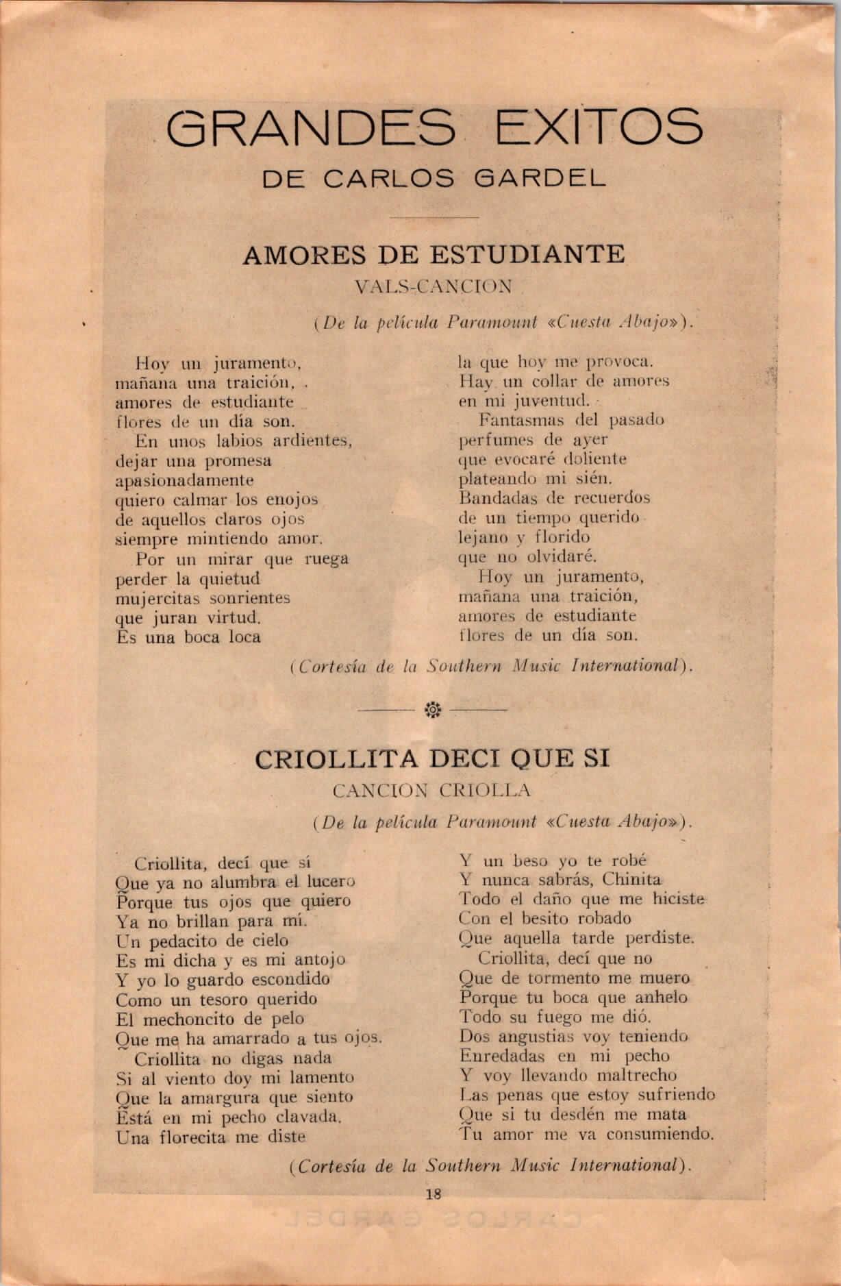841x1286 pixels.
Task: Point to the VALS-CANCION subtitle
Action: (x=434, y=287)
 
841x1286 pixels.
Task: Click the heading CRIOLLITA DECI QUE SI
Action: (x=431, y=758)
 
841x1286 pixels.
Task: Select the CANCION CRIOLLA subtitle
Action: (x=431, y=791)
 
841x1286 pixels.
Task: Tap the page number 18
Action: (x=433, y=1194)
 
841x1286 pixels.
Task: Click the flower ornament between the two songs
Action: (x=433, y=710)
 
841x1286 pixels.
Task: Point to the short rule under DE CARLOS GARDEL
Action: (x=434, y=218)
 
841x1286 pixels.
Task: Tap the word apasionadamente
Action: (x=184, y=480)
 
